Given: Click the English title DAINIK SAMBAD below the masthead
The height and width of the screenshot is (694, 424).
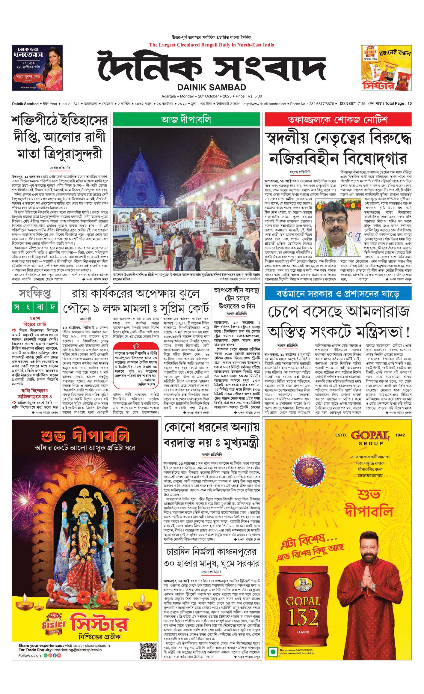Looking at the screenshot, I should [212, 87].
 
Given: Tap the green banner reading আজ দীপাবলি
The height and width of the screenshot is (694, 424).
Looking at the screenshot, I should [186, 119].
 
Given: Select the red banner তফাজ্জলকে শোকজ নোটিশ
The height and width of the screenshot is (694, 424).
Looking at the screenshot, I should [338, 120].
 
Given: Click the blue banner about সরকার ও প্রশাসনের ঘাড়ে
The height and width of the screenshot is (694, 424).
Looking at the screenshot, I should [338, 293].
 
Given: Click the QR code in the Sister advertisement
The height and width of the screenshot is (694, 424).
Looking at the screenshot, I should [148, 650].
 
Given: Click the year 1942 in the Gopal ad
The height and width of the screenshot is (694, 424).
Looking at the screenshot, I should [400, 435].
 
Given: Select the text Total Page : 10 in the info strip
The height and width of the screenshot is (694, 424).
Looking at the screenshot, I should [398, 104].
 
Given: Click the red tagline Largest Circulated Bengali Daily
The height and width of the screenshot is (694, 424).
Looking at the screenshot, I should [212, 45].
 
